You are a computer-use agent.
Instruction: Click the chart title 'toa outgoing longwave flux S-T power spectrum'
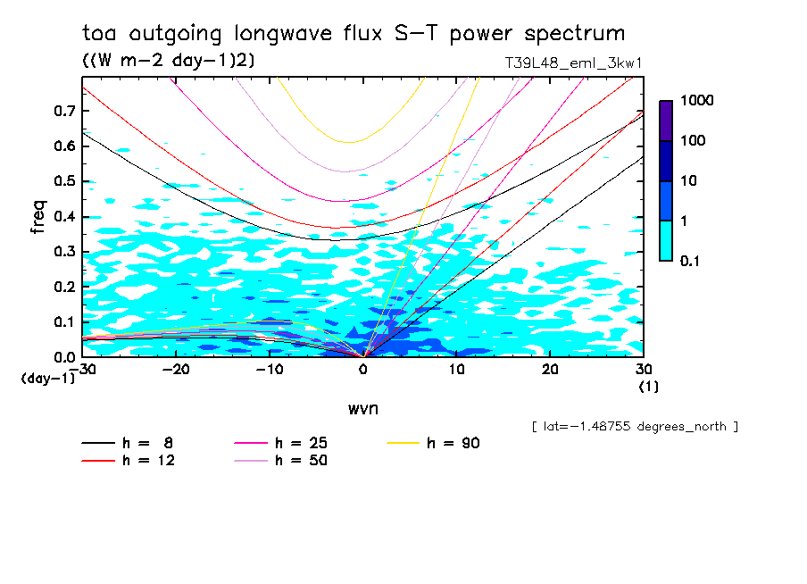pos(354,34)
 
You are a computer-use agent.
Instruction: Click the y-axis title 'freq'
pos(38,217)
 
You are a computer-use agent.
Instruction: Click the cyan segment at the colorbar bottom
pos(666,240)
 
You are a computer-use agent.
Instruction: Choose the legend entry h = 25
pos(301,443)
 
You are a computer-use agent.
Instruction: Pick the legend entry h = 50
pos(301,461)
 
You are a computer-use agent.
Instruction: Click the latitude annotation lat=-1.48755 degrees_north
pos(634,427)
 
